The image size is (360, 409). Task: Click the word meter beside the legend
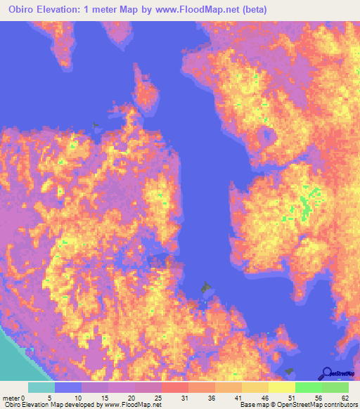tap(13, 397)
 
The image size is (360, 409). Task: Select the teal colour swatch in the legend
tap(41, 387)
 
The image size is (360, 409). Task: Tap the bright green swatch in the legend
tap(309, 387)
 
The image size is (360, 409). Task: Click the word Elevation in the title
tap(71, 9)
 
